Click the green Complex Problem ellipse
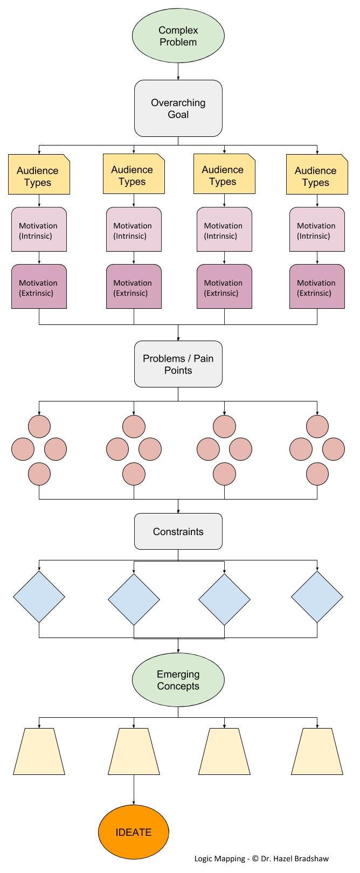pyautogui.click(x=178, y=36)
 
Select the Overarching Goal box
pyautogui.click(x=178, y=108)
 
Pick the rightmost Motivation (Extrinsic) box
pyautogui.click(x=317, y=286)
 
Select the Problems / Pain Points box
pyautogui.click(x=178, y=364)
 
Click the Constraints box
pyautogui.click(x=178, y=531)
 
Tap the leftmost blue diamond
pyautogui.click(x=39, y=597)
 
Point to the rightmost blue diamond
pyautogui.click(x=317, y=597)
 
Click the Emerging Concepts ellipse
pyautogui.click(x=178, y=680)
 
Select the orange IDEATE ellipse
pyautogui.click(x=134, y=832)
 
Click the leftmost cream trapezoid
pyautogui.click(x=39, y=752)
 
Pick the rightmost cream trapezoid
pyautogui.click(x=317, y=752)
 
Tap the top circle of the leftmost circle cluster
pyautogui.click(x=39, y=426)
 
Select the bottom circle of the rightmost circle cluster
pyautogui.click(x=317, y=474)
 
